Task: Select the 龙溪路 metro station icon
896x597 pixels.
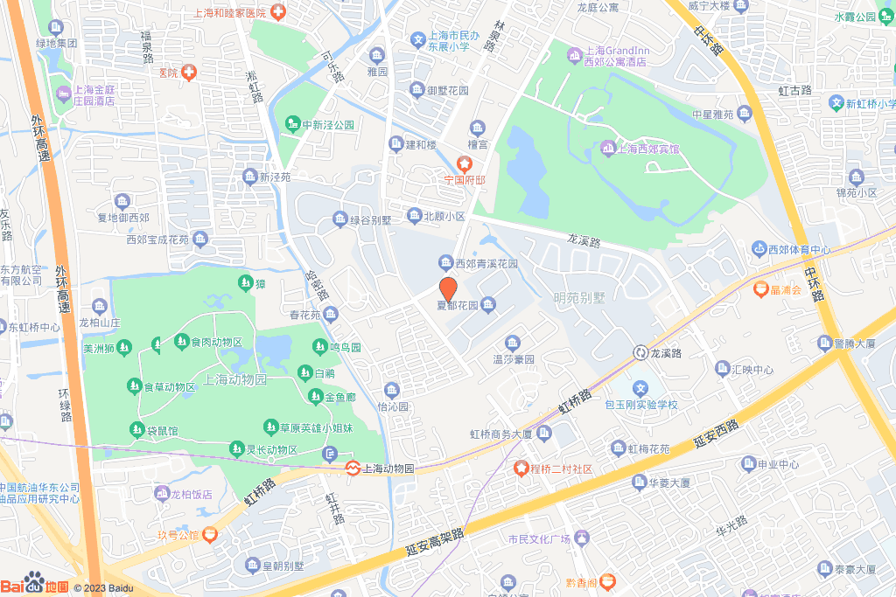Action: (x=640, y=352)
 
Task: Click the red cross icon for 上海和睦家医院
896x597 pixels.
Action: (x=277, y=12)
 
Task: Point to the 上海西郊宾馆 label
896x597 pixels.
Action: (x=647, y=149)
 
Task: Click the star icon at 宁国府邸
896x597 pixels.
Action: (x=464, y=163)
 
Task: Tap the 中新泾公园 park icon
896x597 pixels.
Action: (x=292, y=125)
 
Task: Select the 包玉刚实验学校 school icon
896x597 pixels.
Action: (x=640, y=389)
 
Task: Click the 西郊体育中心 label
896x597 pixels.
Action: (x=799, y=250)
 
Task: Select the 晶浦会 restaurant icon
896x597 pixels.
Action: (x=760, y=289)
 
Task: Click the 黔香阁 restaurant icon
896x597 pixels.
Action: (x=606, y=580)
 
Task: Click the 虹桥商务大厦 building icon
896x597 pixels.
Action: (x=543, y=434)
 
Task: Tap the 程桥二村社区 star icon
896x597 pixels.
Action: (x=521, y=469)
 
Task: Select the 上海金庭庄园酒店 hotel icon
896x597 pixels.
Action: (x=62, y=93)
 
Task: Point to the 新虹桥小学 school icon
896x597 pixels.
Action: (x=836, y=103)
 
